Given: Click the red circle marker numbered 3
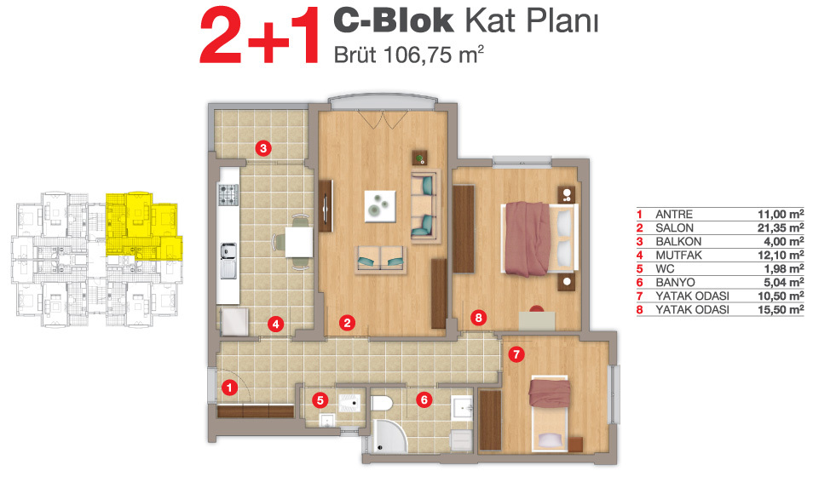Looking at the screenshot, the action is (263, 149).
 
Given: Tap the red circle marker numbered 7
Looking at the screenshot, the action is (516, 354).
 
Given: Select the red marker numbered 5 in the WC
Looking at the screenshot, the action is (320, 400).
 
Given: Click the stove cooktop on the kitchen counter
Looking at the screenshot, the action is (228, 194).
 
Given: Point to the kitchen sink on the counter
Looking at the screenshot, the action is (228, 261).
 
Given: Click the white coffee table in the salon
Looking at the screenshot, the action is (380, 206).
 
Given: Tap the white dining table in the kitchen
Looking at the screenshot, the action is (298, 242).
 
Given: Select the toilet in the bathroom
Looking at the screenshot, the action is (383, 404).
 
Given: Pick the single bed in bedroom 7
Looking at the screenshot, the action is (549, 413).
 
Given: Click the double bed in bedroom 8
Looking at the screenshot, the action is (539, 238).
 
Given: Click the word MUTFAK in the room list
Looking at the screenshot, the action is (678, 255).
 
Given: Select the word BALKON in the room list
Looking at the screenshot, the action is (678, 242).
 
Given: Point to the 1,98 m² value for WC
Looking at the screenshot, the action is (783, 268).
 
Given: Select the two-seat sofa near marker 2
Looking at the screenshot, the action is (381, 258).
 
